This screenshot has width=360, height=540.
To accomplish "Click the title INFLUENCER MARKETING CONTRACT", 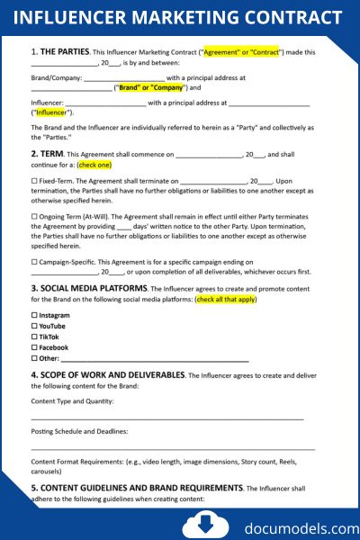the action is [179, 18].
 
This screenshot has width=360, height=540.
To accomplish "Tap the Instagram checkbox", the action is [34, 316].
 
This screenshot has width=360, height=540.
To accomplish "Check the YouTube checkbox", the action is [34, 326].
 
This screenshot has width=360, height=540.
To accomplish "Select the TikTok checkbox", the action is [34, 337].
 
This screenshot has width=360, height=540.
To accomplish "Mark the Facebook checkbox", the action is [34, 347].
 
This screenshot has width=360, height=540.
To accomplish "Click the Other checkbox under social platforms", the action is [34, 358].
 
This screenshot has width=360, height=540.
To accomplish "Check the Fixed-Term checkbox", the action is [34, 181].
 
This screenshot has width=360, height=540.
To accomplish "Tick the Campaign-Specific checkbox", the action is [34, 262].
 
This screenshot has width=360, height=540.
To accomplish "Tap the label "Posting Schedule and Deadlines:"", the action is [79, 432].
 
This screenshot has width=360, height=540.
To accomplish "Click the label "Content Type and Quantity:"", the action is [71, 401].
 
